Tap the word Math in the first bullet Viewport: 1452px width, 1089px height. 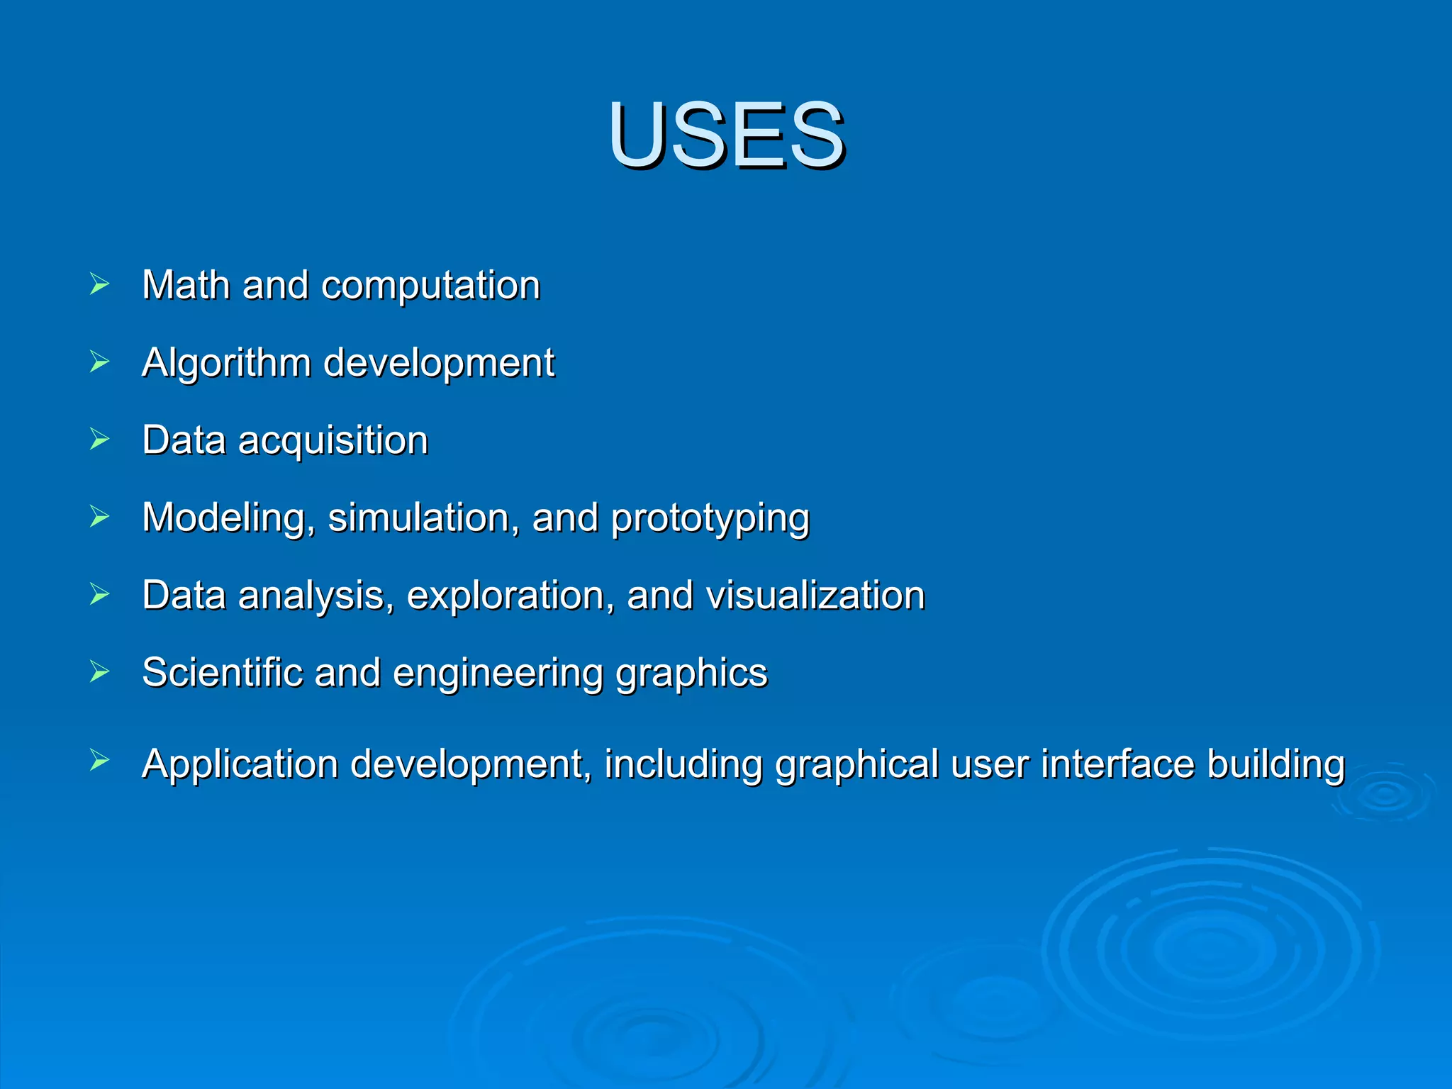186,285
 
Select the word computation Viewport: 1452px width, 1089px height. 430,286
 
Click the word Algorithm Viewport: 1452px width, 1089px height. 226,363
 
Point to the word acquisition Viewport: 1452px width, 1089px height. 333,441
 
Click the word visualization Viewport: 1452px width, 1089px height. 815,596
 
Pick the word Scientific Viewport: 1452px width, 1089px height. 222,673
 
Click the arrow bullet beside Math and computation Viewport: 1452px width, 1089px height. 100,284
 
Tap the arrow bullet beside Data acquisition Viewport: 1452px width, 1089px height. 100,440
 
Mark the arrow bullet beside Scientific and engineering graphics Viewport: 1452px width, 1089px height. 100,671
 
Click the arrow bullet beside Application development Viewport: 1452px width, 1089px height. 100,761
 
